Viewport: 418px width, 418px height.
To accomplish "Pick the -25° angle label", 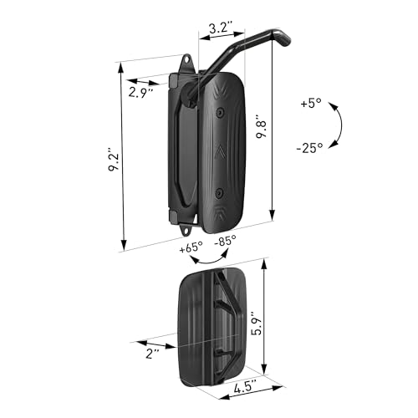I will pyautogui.click(x=310, y=148).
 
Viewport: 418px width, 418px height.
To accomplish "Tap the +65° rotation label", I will pyautogui.click(x=191, y=248).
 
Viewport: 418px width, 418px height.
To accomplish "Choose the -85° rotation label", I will pyautogui.click(x=223, y=240).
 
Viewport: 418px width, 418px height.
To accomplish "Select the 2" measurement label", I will pyautogui.click(x=150, y=354).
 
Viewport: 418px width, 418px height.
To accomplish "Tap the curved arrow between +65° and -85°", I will pyautogui.click(x=207, y=259).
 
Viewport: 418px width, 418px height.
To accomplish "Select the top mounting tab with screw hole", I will pyautogui.click(x=186, y=64).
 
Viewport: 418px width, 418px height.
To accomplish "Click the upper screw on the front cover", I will pyautogui.click(x=219, y=112).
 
